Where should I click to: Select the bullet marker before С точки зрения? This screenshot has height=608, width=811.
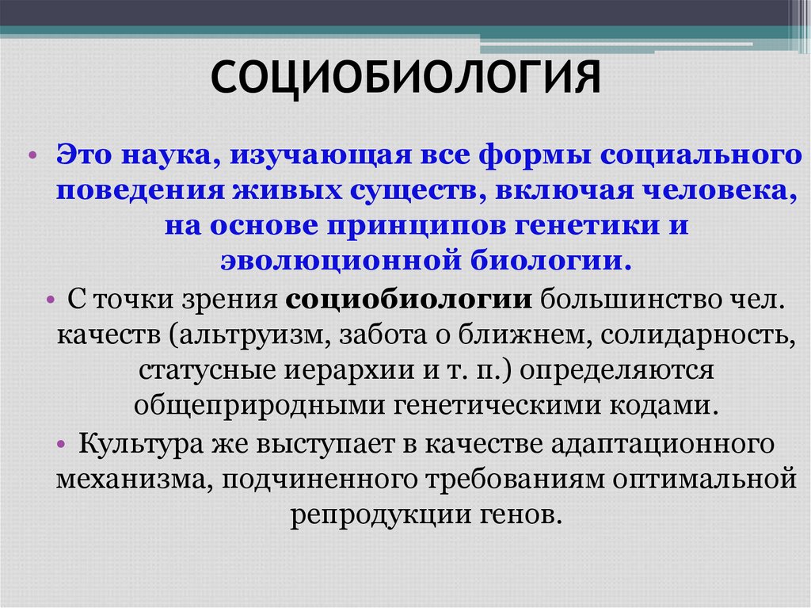pos(50,302)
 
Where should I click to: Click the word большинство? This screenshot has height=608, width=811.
pos(620,302)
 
